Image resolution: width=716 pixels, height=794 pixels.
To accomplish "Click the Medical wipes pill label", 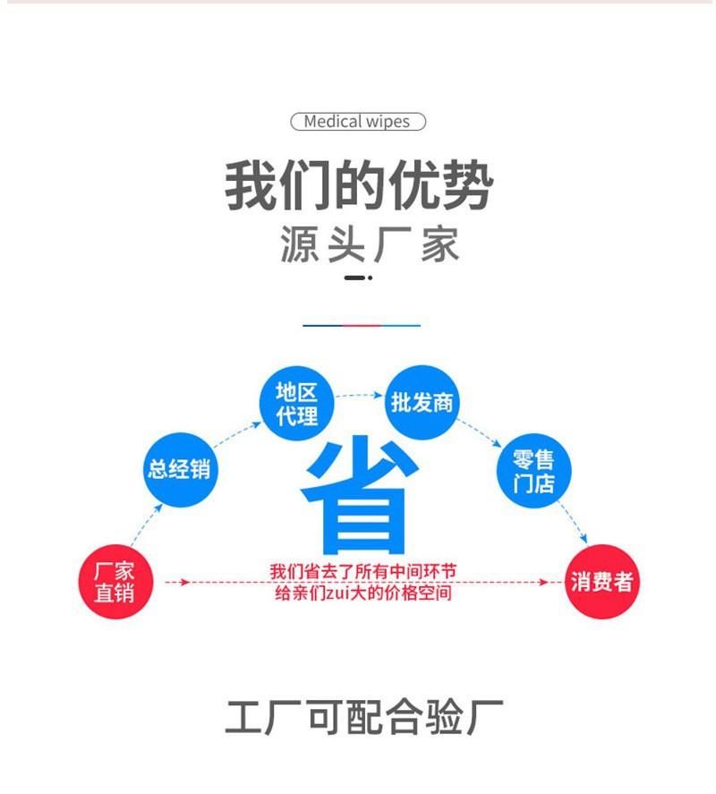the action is coord(358,122).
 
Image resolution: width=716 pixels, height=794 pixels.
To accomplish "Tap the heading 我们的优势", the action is coord(359,184).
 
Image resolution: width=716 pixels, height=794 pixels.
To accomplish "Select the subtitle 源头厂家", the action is coord(370,245).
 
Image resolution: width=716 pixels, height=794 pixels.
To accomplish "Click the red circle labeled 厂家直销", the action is coord(115,581).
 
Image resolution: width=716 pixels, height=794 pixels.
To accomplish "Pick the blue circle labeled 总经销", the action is coord(180,469).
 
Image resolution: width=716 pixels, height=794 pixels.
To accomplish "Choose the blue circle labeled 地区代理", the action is coord(297,404).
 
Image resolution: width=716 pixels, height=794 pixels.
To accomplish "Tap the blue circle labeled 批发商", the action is coord(422,403).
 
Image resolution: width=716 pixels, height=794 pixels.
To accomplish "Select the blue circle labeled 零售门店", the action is coord(533,471).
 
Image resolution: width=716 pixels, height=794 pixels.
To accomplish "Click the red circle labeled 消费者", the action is coord(602,581).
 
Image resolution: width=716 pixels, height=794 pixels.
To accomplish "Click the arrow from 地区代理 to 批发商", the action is coord(359,395).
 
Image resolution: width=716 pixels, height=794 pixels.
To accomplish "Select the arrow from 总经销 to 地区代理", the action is coord(237,434).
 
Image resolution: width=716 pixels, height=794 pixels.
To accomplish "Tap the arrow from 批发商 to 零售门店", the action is coord(479,433).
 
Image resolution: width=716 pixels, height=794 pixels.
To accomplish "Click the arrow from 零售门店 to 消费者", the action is coord(572,523).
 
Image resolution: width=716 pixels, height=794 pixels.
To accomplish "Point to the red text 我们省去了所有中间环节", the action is coord(363,571).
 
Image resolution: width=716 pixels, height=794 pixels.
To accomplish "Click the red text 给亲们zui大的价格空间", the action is coord(363,593).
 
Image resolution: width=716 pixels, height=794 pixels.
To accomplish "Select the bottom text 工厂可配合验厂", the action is coord(363,718).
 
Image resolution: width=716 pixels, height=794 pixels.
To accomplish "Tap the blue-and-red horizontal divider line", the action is coord(362,326).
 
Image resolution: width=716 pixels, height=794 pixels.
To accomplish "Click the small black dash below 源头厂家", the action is coord(358,277).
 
